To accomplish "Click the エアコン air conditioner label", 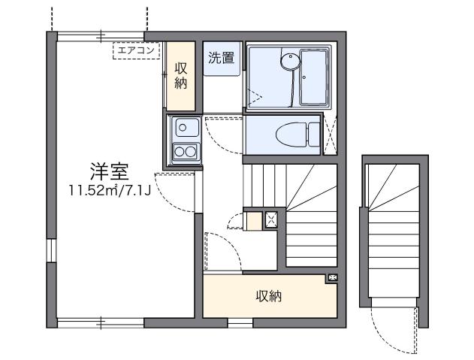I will pos(136,50).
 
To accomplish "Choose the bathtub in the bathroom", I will pos(313,77).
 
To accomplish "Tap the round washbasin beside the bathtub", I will pos(288,60).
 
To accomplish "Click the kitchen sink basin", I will pos(184,129).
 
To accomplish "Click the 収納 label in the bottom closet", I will pos(269,296).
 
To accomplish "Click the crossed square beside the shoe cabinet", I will pos(272,219).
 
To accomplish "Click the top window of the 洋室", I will pos(101,35).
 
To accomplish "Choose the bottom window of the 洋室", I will pos(101,324).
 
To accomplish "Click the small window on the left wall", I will pos(50,251).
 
